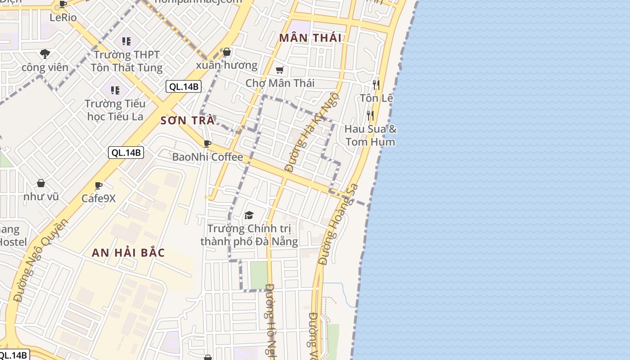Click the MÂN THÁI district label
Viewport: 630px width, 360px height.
[x=310, y=38]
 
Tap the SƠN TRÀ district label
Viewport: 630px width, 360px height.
[x=187, y=121]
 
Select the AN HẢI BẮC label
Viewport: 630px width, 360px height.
[x=128, y=252]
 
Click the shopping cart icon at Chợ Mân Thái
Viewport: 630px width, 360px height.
[x=280, y=70]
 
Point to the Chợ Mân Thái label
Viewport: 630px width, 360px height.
[x=280, y=83]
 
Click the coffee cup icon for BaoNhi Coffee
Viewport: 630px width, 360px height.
[x=207, y=144]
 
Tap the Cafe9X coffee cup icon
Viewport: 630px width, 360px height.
[x=99, y=185]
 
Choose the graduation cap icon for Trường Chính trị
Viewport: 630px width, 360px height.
[x=249, y=216]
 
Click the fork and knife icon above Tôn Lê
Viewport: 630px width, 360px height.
[x=376, y=85]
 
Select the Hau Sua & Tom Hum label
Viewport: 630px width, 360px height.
[x=370, y=135]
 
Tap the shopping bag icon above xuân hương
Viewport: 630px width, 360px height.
[x=227, y=52]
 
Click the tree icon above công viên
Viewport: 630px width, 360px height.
[x=45, y=54]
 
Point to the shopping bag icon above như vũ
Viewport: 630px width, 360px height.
[x=41, y=184]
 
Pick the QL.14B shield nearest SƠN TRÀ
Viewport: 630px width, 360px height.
[x=183, y=86]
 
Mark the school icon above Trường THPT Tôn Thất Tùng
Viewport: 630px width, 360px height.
[x=126, y=42]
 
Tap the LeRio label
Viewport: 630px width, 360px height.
[x=63, y=18]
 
